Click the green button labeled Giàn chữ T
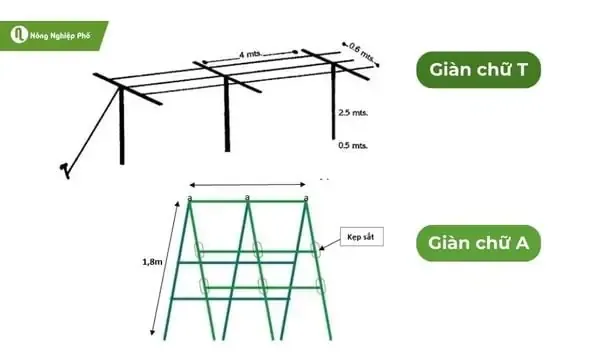(478, 72)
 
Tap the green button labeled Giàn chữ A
(479, 242)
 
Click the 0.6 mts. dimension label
(360, 50)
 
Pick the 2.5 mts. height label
(353, 113)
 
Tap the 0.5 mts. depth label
(353, 146)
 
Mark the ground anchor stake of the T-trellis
(65, 167)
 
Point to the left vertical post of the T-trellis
(121, 125)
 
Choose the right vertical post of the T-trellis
(334, 105)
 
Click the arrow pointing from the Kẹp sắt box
(330, 243)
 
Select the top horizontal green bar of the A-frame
(245, 202)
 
